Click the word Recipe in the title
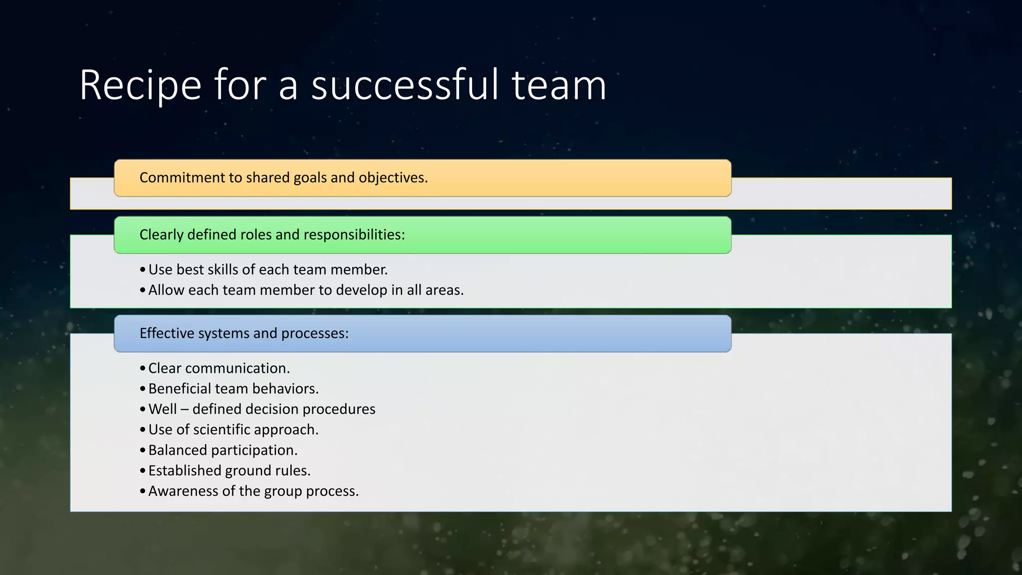[x=140, y=86]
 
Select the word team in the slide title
[x=559, y=86]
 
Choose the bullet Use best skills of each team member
[x=267, y=270]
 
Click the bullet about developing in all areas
[x=305, y=290]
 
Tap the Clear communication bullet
[x=219, y=368]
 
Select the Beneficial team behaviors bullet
[x=233, y=389]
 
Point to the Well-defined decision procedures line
[x=261, y=409]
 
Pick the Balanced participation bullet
[x=223, y=450]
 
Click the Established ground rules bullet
[x=229, y=471]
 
